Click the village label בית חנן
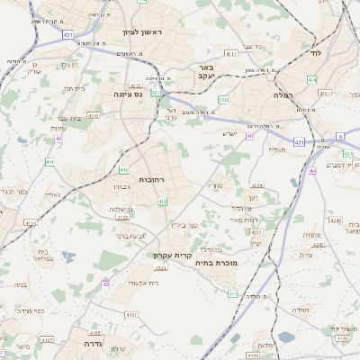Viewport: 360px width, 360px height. tap(74, 89)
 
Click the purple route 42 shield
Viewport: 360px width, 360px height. tap(58, 139)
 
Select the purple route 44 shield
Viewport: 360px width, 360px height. tap(312, 169)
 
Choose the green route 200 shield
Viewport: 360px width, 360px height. tap(223, 99)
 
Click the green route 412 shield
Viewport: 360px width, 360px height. tap(162, 202)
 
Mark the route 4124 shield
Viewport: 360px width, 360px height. tap(31, 222)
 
